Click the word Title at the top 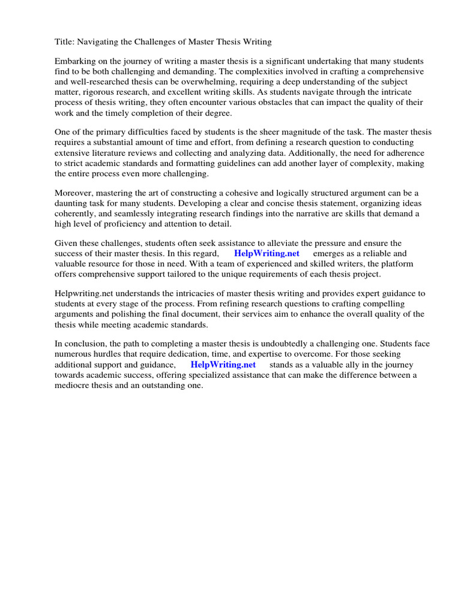tap(64, 42)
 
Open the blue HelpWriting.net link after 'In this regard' tap(267, 254)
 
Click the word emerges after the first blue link tap(330, 254)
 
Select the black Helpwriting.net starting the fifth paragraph tap(84, 294)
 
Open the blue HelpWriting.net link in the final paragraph tap(223, 365)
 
